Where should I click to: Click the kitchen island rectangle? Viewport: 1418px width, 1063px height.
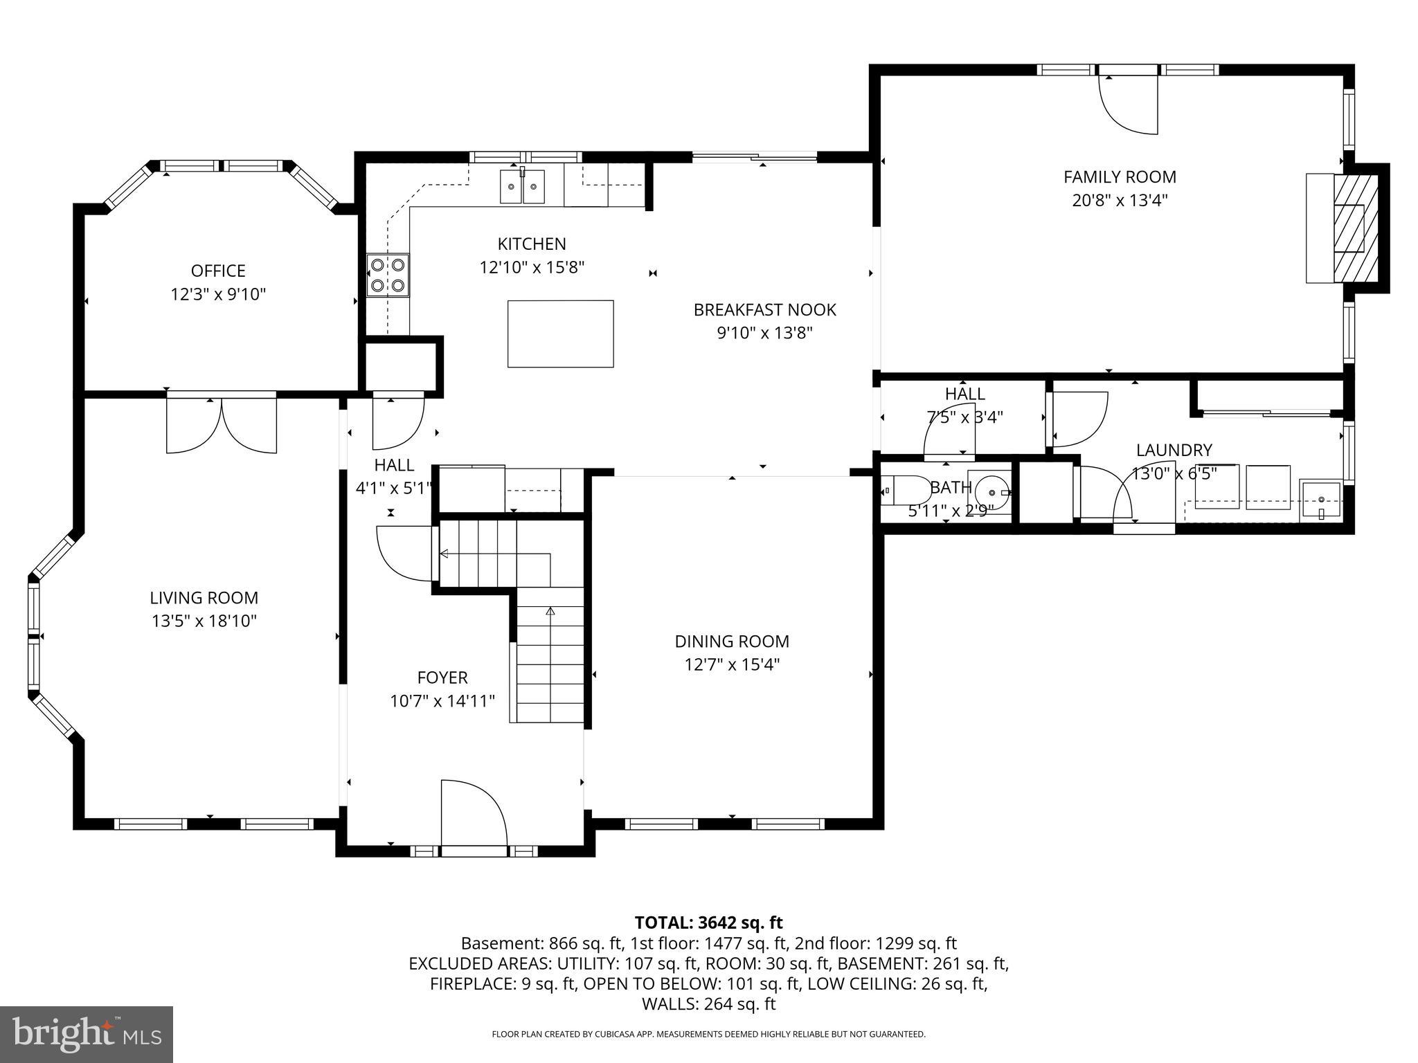[x=560, y=334]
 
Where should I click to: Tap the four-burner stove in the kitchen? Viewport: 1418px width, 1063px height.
[x=388, y=275]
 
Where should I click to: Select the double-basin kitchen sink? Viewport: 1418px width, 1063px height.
[x=522, y=186]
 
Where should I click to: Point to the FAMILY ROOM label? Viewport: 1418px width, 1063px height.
[x=1120, y=177]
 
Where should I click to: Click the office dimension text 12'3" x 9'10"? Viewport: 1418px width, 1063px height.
[x=218, y=295]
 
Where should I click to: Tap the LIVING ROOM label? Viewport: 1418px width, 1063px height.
[x=204, y=598]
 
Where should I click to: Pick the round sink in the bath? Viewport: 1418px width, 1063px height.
[x=992, y=492]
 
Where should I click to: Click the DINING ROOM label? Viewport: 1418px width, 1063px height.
[x=732, y=642]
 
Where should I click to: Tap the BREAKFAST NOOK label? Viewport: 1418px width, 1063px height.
[x=764, y=310]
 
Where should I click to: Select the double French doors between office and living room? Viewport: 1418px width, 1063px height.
[x=222, y=424]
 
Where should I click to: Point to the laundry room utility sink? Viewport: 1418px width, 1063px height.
[x=1321, y=500]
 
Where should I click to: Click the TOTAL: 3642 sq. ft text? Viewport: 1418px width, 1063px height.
[x=708, y=923]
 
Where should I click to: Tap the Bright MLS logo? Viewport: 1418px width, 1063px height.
[x=87, y=1034]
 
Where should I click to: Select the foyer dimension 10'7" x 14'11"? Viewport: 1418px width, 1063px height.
[x=442, y=702]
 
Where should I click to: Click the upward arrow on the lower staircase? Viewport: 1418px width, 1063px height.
[x=550, y=612]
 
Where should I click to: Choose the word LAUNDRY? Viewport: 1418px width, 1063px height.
[x=1174, y=451]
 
